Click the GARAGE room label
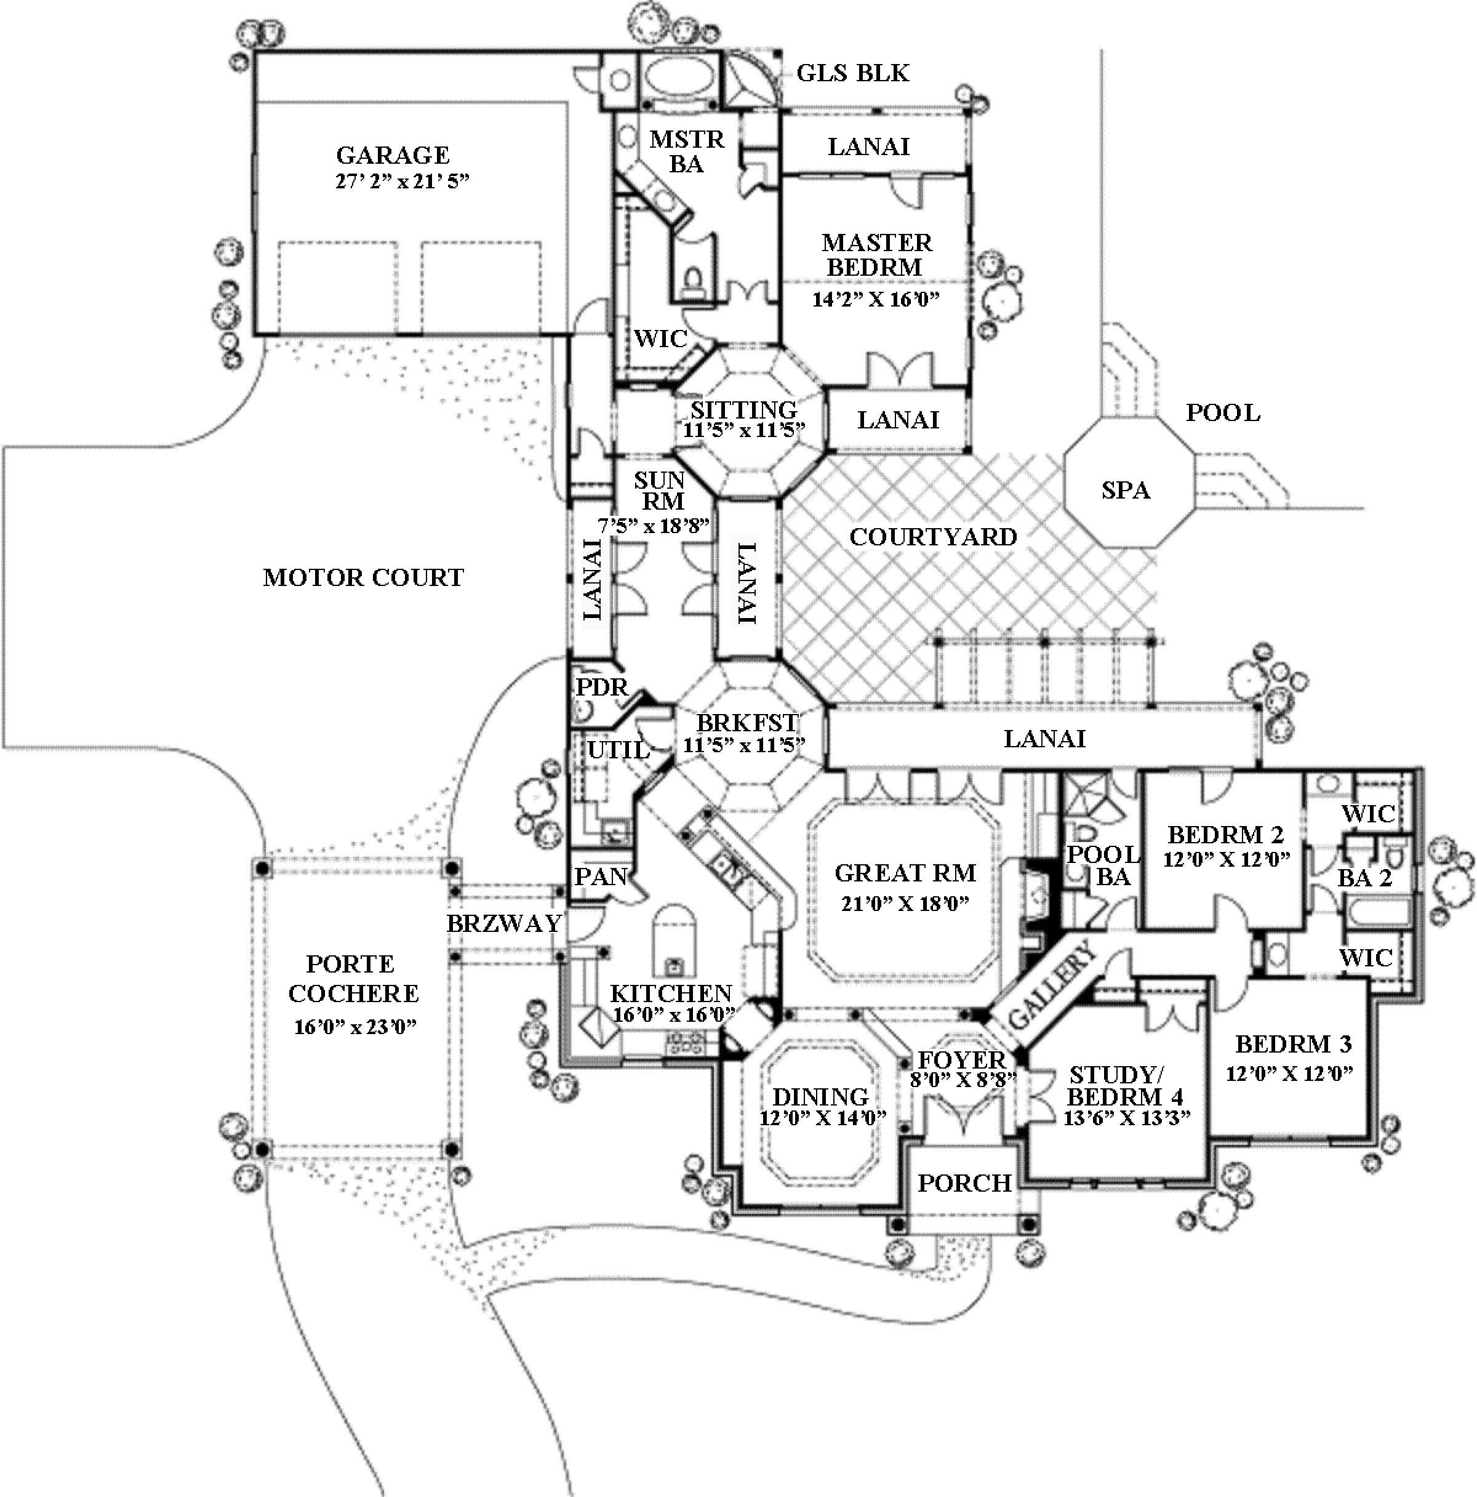(393, 155)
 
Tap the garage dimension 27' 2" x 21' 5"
(402, 182)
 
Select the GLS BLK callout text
(853, 73)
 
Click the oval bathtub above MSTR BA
(679, 78)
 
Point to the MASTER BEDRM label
(877, 255)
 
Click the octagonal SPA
(1126, 490)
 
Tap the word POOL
(1222, 413)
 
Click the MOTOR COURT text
(363, 577)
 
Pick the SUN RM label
(660, 491)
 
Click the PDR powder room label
(602, 688)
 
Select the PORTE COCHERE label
(353, 979)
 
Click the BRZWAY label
(503, 923)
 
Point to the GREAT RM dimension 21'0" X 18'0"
(905, 904)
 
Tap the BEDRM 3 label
(1292, 1045)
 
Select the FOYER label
(961, 1060)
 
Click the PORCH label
(964, 1183)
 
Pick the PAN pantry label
(600, 877)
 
